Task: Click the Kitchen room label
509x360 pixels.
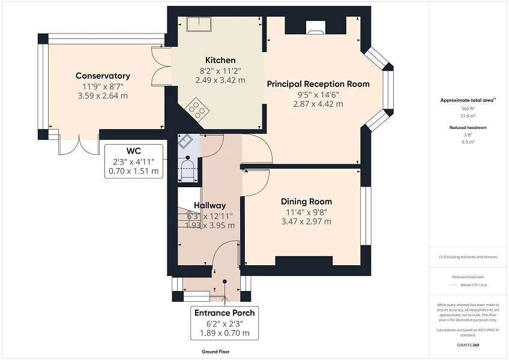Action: click(220, 61)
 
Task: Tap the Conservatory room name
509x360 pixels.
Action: click(103, 76)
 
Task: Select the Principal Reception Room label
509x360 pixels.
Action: click(318, 84)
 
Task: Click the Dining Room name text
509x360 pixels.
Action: click(306, 202)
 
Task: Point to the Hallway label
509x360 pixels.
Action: click(209, 206)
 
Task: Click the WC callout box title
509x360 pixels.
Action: click(133, 151)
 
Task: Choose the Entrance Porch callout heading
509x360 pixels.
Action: click(224, 313)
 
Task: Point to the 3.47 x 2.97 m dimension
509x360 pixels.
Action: click(306, 221)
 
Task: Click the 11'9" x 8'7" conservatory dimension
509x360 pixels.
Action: click(103, 86)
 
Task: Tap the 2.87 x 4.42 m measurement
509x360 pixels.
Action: click(318, 104)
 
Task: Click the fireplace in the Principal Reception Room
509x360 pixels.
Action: click(315, 26)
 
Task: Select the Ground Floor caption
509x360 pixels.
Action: click(215, 352)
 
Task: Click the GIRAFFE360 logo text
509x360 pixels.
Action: click(468, 345)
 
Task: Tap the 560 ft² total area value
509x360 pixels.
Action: click(468, 109)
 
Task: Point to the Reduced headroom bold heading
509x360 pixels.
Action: click(468, 128)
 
